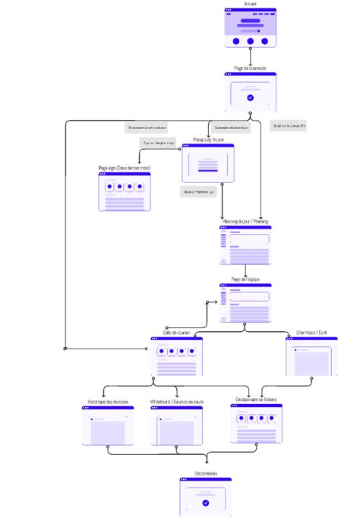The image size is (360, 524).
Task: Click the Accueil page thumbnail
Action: point(251,28)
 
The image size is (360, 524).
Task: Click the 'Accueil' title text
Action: point(251,4)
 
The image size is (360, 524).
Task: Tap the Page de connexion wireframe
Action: point(250,92)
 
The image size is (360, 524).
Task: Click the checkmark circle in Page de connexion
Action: point(250,98)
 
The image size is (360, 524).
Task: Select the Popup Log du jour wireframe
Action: point(207,163)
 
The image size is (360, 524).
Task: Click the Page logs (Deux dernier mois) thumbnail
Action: point(124,191)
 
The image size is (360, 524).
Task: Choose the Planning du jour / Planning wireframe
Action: point(245,245)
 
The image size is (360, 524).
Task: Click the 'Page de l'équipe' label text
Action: point(245,279)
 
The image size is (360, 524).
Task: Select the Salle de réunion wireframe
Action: point(176,357)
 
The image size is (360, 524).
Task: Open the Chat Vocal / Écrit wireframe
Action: point(312,357)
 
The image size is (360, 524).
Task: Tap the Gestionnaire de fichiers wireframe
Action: point(256,423)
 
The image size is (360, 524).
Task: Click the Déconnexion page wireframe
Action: point(205,497)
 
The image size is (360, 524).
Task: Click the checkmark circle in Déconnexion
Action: point(205,503)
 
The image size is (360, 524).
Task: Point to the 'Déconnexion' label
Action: point(205,473)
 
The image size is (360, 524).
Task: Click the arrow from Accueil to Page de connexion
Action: point(251,58)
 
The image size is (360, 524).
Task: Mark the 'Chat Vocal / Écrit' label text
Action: point(312,333)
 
